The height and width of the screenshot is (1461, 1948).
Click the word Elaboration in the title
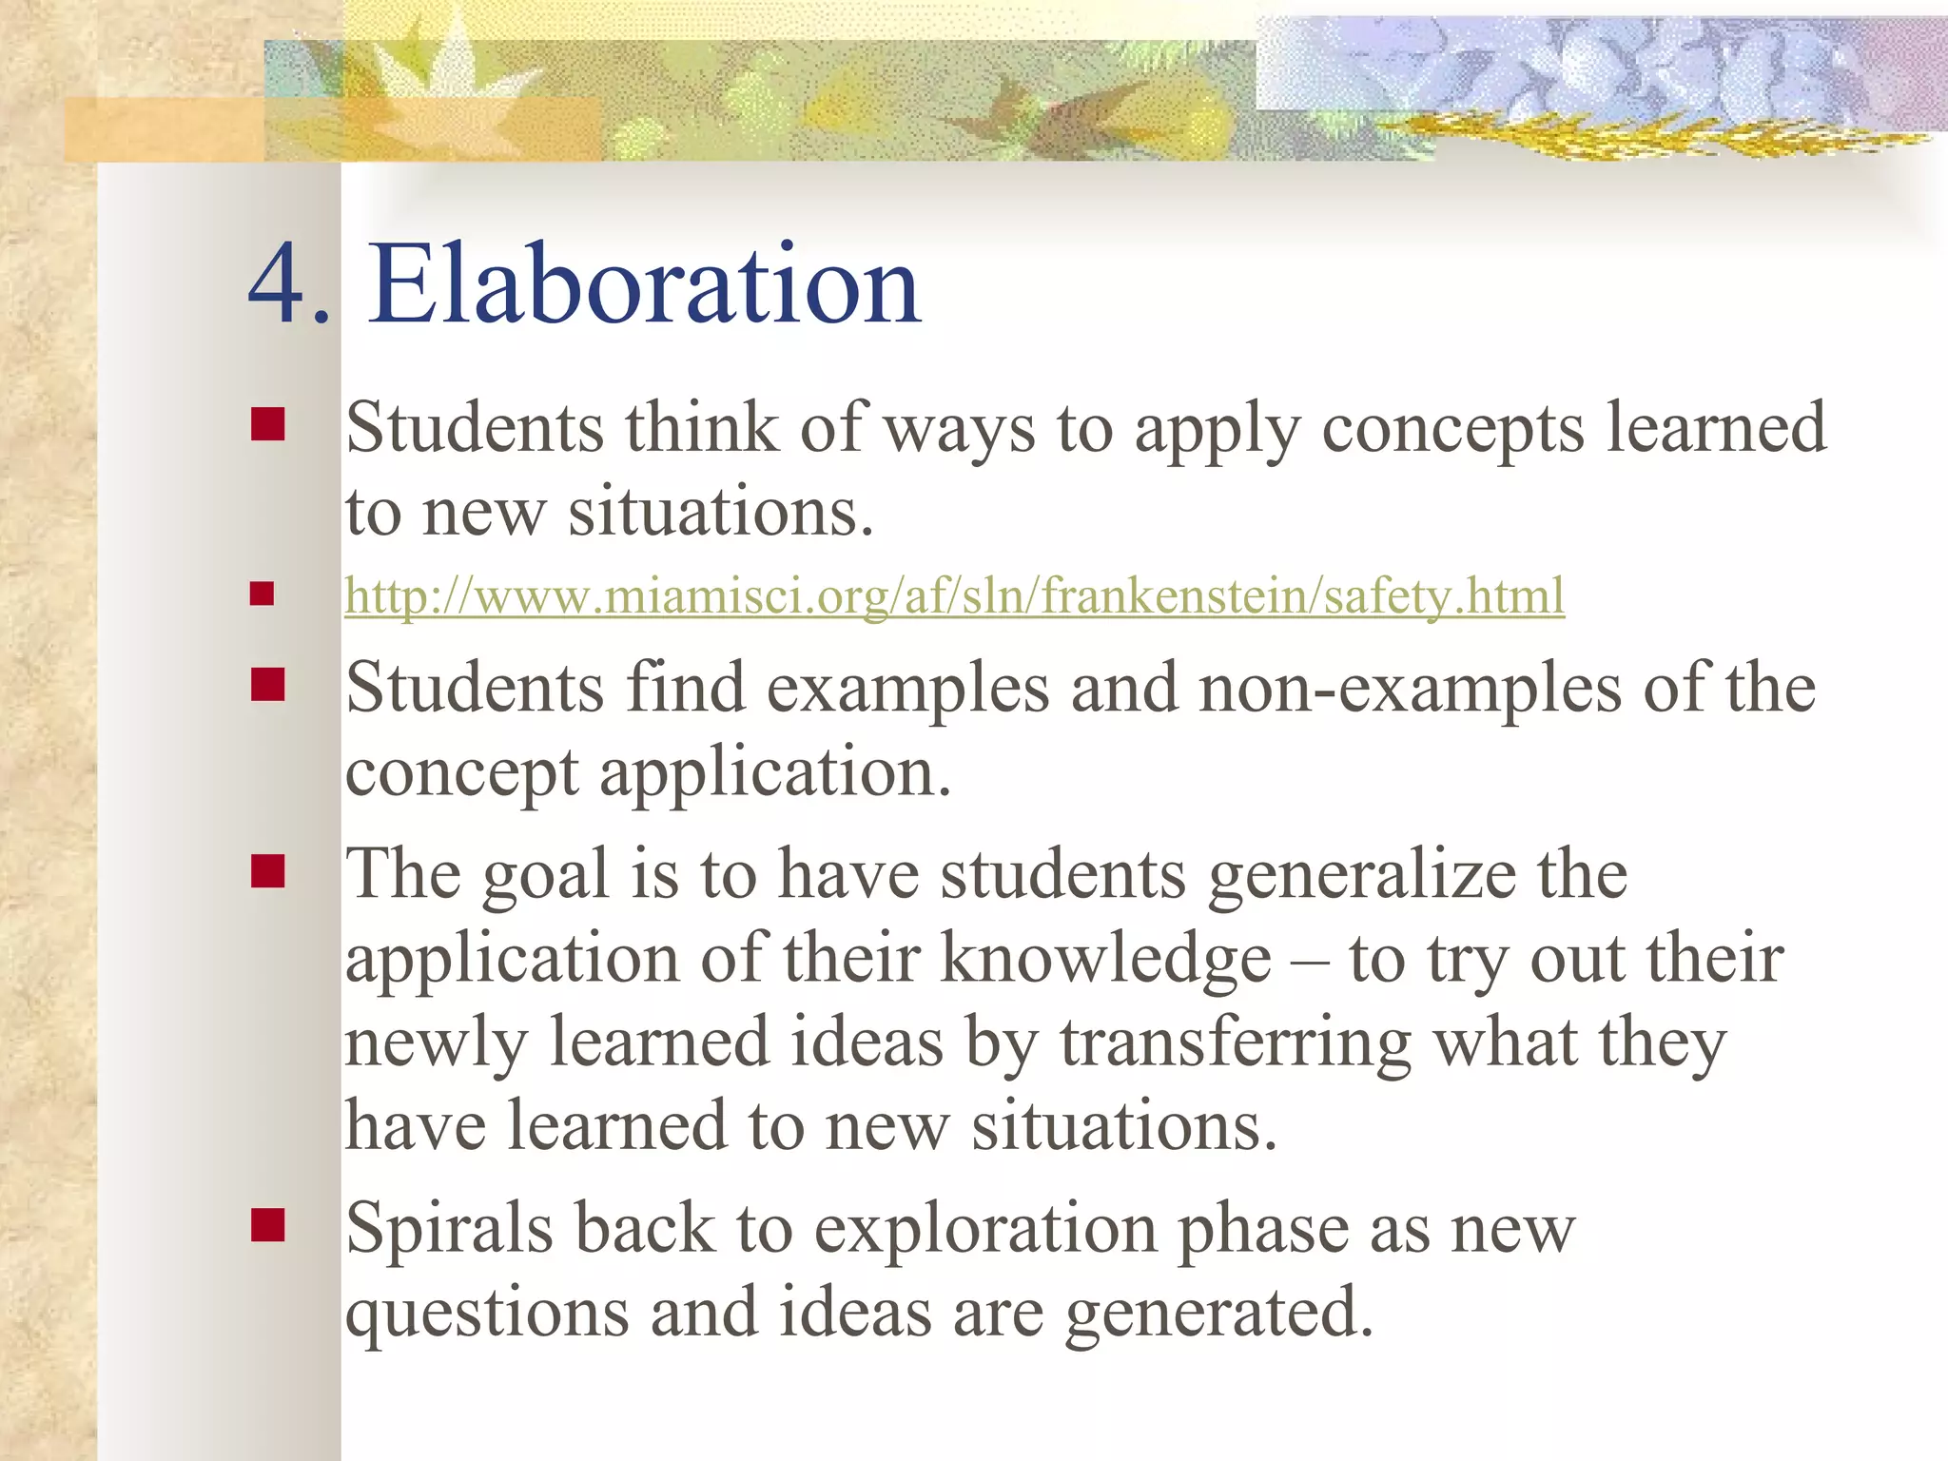pos(645,284)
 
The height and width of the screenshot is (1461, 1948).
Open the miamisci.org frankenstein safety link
pos(954,597)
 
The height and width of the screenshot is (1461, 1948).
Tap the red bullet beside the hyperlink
pos(262,594)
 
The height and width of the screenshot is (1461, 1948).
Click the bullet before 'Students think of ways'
pos(268,424)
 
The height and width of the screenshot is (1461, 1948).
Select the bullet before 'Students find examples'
pos(268,684)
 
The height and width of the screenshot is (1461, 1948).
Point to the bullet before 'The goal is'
pos(268,870)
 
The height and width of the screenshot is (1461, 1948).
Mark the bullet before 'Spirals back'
pos(268,1225)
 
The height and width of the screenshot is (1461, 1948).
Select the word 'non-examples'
pos(1411,689)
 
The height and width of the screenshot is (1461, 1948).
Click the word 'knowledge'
pos(1106,959)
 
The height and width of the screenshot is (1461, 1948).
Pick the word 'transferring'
pos(1236,1043)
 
